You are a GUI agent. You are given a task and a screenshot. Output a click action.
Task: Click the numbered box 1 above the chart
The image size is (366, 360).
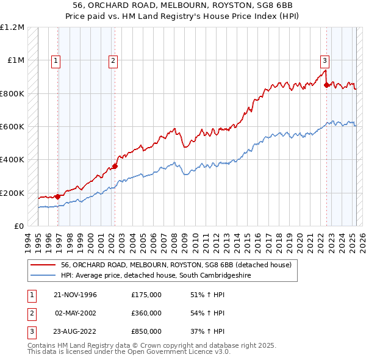(56, 60)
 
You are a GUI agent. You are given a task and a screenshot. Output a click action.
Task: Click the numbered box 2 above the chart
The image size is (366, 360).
(113, 60)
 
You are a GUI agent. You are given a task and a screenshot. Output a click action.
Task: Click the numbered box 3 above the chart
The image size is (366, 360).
(325, 60)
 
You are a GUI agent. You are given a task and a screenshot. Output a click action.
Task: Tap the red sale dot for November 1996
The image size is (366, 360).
(57, 196)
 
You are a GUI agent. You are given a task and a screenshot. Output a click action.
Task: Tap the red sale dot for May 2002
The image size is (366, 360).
(115, 166)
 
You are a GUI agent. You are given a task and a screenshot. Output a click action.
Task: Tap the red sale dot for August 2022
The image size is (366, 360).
(326, 85)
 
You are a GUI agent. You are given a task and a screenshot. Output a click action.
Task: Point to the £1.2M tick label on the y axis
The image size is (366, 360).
(12, 27)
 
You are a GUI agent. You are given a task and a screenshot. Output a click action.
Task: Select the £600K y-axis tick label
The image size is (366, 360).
(12, 127)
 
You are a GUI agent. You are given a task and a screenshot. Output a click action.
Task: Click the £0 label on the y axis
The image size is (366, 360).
(18, 226)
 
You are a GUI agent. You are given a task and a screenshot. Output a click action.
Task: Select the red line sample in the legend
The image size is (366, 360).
(44, 265)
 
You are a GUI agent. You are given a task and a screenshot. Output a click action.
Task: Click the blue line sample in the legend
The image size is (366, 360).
(44, 276)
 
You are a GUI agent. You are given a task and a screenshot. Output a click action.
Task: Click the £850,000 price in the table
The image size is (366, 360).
(146, 331)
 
